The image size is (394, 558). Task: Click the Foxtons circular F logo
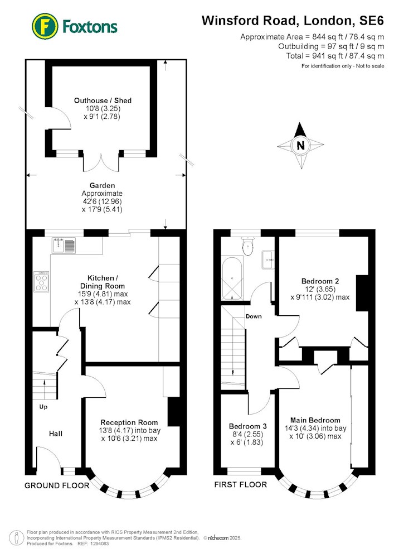(45, 26)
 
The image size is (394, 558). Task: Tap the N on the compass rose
(300, 145)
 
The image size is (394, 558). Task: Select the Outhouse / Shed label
(103, 100)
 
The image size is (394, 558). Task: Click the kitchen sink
(64, 245)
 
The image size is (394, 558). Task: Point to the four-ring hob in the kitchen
(42, 281)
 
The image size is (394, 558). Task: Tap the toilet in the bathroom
(247, 246)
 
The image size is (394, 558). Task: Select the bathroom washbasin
(268, 260)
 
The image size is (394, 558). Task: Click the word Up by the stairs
(43, 407)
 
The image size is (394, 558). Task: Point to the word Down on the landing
(254, 316)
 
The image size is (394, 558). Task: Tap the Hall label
(56, 434)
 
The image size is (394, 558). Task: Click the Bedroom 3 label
(247, 426)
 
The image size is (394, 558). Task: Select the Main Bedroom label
(315, 420)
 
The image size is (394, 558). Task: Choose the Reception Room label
(129, 422)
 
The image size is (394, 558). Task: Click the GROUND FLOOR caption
(57, 485)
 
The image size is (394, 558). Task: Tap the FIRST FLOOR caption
(241, 485)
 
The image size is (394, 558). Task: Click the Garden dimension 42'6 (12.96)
(102, 201)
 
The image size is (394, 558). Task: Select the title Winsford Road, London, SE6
(293, 21)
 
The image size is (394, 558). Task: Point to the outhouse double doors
(101, 162)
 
